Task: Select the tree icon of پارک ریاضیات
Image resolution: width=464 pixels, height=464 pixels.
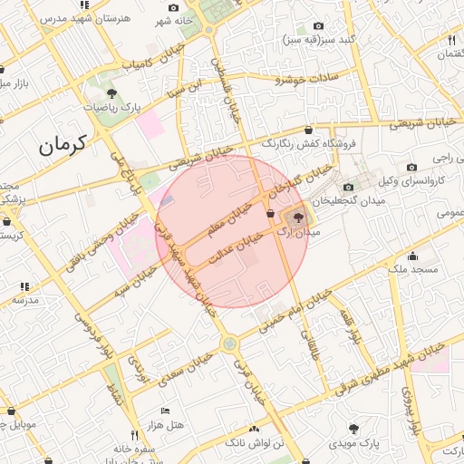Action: [x=111, y=92]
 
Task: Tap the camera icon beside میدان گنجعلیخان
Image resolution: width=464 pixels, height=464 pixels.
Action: [x=348, y=187]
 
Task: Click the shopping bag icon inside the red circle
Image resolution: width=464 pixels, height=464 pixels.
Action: [x=271, y=212]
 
